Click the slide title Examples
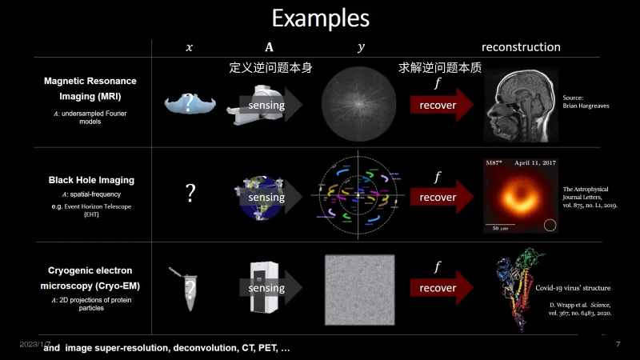(320, 18)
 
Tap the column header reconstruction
(521, 47)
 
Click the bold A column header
(269, 47)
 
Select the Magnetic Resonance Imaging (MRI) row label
(90, 89)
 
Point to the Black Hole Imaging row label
(90, 180)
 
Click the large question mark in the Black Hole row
(190, 193)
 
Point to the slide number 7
(618, 344)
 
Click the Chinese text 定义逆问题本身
(270, 68)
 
